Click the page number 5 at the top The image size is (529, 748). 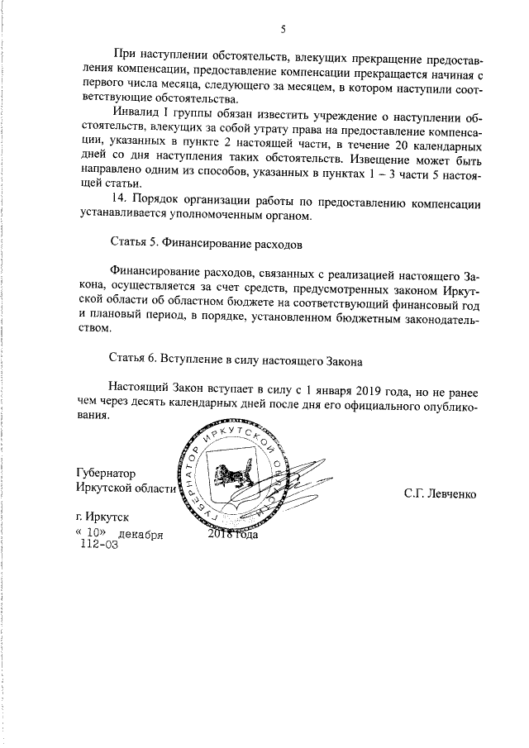(x=283, y=30)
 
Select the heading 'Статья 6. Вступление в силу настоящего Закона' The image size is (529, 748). (x=236, y=360)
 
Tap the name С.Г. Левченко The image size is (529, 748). (x=440, y=494)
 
